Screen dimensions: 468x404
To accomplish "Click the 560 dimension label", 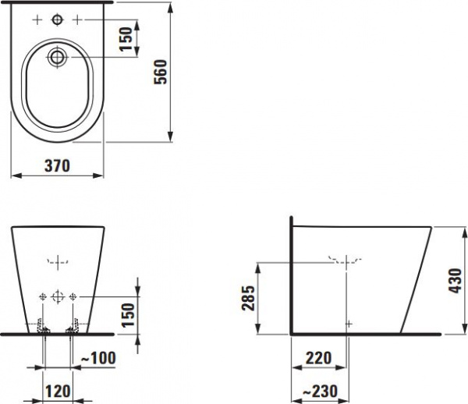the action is (x=161, y=72).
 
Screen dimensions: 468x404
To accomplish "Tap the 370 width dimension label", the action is (x=57, y=166).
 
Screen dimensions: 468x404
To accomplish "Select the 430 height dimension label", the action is (x=456, y=281).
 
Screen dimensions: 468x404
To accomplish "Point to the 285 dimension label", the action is (x=248, y=299).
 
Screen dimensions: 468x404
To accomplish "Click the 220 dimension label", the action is (x=318, y=358).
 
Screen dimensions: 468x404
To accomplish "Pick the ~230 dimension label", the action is (x=321, y=392).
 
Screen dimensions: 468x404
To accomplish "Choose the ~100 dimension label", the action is (x=98, y=358).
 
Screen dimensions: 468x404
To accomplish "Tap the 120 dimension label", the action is (x=58, y=392).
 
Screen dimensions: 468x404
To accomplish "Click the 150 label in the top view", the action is (x=126, y=39).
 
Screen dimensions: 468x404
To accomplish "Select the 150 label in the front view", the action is (x=129, y=315).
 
